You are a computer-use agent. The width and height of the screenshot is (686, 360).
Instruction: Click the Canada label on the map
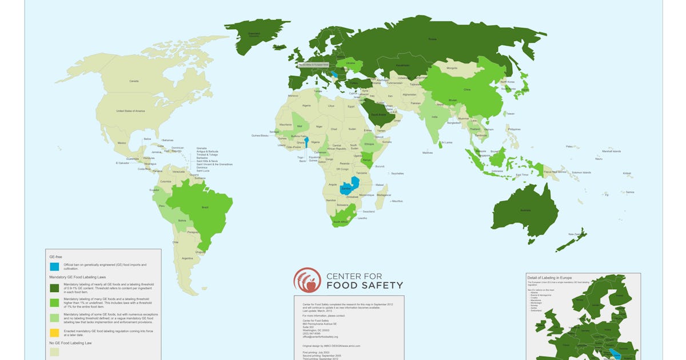[134, 81]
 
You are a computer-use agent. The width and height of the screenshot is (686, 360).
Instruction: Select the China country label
[466, 90]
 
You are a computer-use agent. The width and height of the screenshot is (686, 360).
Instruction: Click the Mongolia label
[452, 68]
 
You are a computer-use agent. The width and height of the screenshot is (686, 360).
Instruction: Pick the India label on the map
[434, 117]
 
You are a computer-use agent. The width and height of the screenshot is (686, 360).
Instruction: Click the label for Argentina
[188, 259]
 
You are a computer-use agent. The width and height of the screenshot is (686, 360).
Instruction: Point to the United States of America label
[131, 111]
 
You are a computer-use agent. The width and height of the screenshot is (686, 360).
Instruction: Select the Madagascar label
[384, 195]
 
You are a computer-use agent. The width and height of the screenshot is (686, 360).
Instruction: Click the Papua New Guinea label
[551, 171]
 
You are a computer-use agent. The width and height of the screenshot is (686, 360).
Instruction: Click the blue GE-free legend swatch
[54, 266]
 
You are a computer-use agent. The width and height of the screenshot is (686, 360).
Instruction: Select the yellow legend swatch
[54, 332]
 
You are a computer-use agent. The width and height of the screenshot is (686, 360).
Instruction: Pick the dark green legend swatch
[54, 287]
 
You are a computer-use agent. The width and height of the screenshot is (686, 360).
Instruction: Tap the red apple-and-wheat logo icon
[308, 280]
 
